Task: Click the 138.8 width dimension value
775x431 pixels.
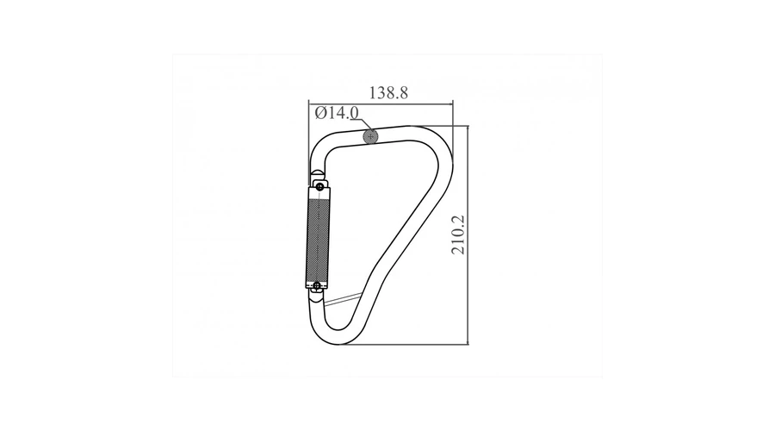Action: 388,92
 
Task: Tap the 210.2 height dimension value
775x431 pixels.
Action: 458,234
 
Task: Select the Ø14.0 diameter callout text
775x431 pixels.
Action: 337,113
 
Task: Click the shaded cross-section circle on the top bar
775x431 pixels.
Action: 370,136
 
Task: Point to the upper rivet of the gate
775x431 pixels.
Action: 319,186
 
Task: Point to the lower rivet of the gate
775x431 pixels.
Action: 317,286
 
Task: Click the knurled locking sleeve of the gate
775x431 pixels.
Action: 318,237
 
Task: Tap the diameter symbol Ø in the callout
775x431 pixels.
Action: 320,113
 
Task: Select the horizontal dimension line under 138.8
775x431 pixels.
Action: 380,103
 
